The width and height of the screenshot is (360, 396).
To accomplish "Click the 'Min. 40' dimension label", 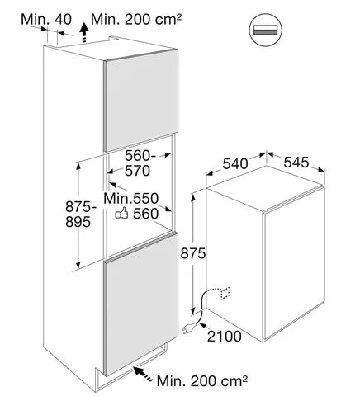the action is (46, 19).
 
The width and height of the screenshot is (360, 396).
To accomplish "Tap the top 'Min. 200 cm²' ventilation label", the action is (136, 19).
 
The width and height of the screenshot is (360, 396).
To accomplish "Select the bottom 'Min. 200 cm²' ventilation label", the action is (202, 381).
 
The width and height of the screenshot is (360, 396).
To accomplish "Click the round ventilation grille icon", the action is (266, 30).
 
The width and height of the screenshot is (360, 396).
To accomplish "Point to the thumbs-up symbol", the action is (121, 213).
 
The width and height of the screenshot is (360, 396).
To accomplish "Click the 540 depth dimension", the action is (235, 163).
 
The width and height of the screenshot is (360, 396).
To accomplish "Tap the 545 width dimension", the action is (296, 162).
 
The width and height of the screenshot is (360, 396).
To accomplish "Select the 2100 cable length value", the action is (225, 336).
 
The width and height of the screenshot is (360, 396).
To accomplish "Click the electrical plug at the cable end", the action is (189, 328).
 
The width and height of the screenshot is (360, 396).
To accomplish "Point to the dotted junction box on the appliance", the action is (225, 294).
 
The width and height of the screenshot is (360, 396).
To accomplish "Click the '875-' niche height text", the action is (81, 206).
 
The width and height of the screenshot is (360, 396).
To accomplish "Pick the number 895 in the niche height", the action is (78, 221).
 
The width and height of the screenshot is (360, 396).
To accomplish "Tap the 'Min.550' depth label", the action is (131, 198).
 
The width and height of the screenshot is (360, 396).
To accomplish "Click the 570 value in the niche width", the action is (138, 171).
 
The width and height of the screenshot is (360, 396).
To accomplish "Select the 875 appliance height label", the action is (193, 253).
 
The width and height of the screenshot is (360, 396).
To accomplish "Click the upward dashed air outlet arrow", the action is (84, 33).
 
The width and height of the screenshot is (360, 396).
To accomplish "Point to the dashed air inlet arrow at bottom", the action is (144, 374).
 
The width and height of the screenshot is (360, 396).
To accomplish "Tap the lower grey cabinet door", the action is (141, 304).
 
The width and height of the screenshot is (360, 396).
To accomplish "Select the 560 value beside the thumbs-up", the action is (146, 214).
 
